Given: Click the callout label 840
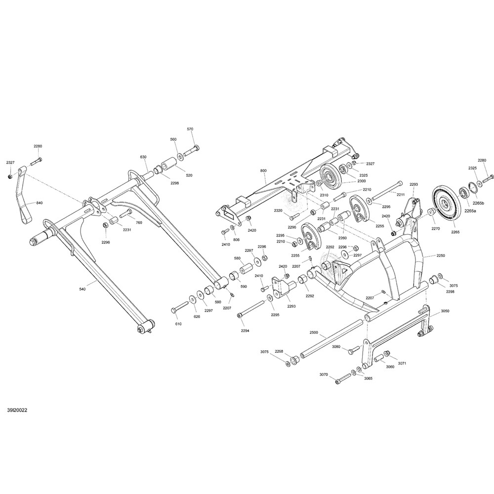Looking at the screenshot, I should (40, 203).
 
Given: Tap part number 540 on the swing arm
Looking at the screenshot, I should (82, 289).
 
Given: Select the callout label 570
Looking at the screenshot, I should (190, 129).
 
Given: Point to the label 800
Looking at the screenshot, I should (263, 171).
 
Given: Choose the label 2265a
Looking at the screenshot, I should (471, 211).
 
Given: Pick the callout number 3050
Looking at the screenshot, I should (445, 313).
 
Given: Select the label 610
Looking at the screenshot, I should (178, 324).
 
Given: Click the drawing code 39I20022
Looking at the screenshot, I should (17, 410).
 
